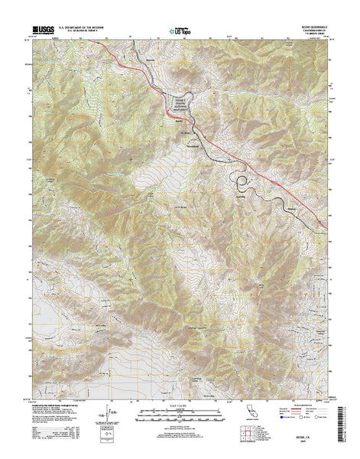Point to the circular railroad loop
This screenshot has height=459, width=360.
pos(242,182)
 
